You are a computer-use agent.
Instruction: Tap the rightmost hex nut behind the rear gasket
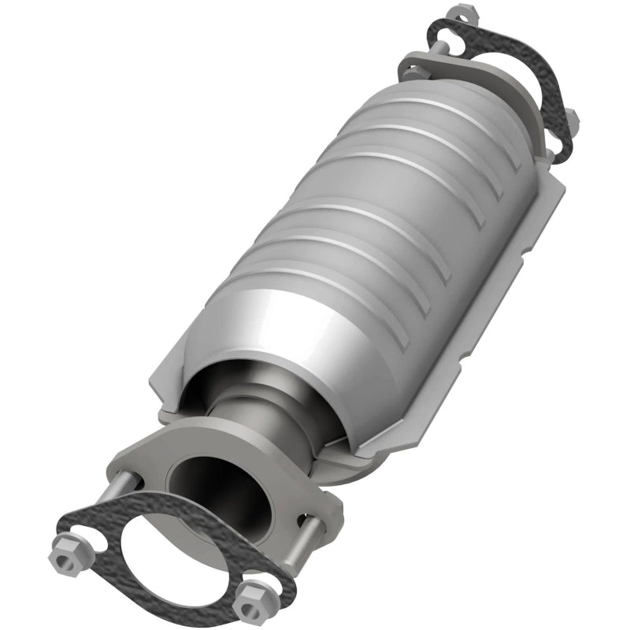point(573,118)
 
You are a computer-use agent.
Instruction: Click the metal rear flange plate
point(441,67)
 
